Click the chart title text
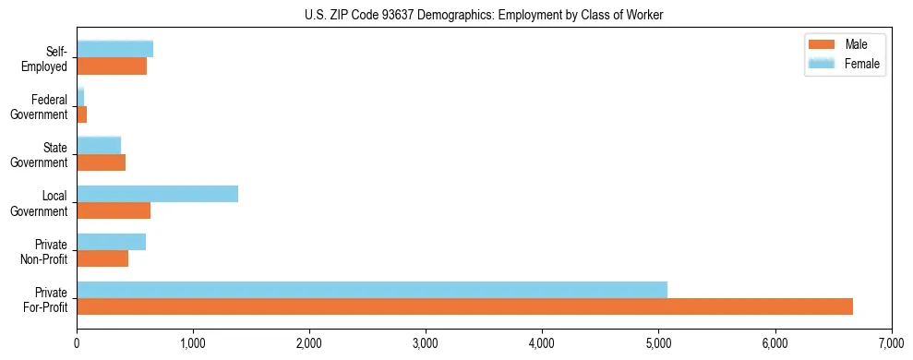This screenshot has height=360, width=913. pos(484,15)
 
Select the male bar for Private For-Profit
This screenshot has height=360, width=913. pos(464,306)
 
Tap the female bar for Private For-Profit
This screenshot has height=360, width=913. pos(372,290)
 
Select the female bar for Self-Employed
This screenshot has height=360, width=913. pos(114,49)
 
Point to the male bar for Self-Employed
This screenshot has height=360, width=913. pos(112,66)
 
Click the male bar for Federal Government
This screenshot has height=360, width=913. pos(81,114)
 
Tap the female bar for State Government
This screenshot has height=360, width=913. pos(99,145)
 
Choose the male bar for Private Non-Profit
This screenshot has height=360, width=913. pos(102,258)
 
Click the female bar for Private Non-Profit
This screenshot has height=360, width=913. pos(111,242)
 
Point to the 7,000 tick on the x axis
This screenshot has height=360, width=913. pos(891,342)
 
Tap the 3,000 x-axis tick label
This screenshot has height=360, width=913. pos(426,342)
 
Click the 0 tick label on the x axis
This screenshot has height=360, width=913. pos(77,342)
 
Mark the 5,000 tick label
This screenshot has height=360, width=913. pos(658,342)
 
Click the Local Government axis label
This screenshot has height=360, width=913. pos(40,203)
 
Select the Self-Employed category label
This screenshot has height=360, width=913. pos(43,59)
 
